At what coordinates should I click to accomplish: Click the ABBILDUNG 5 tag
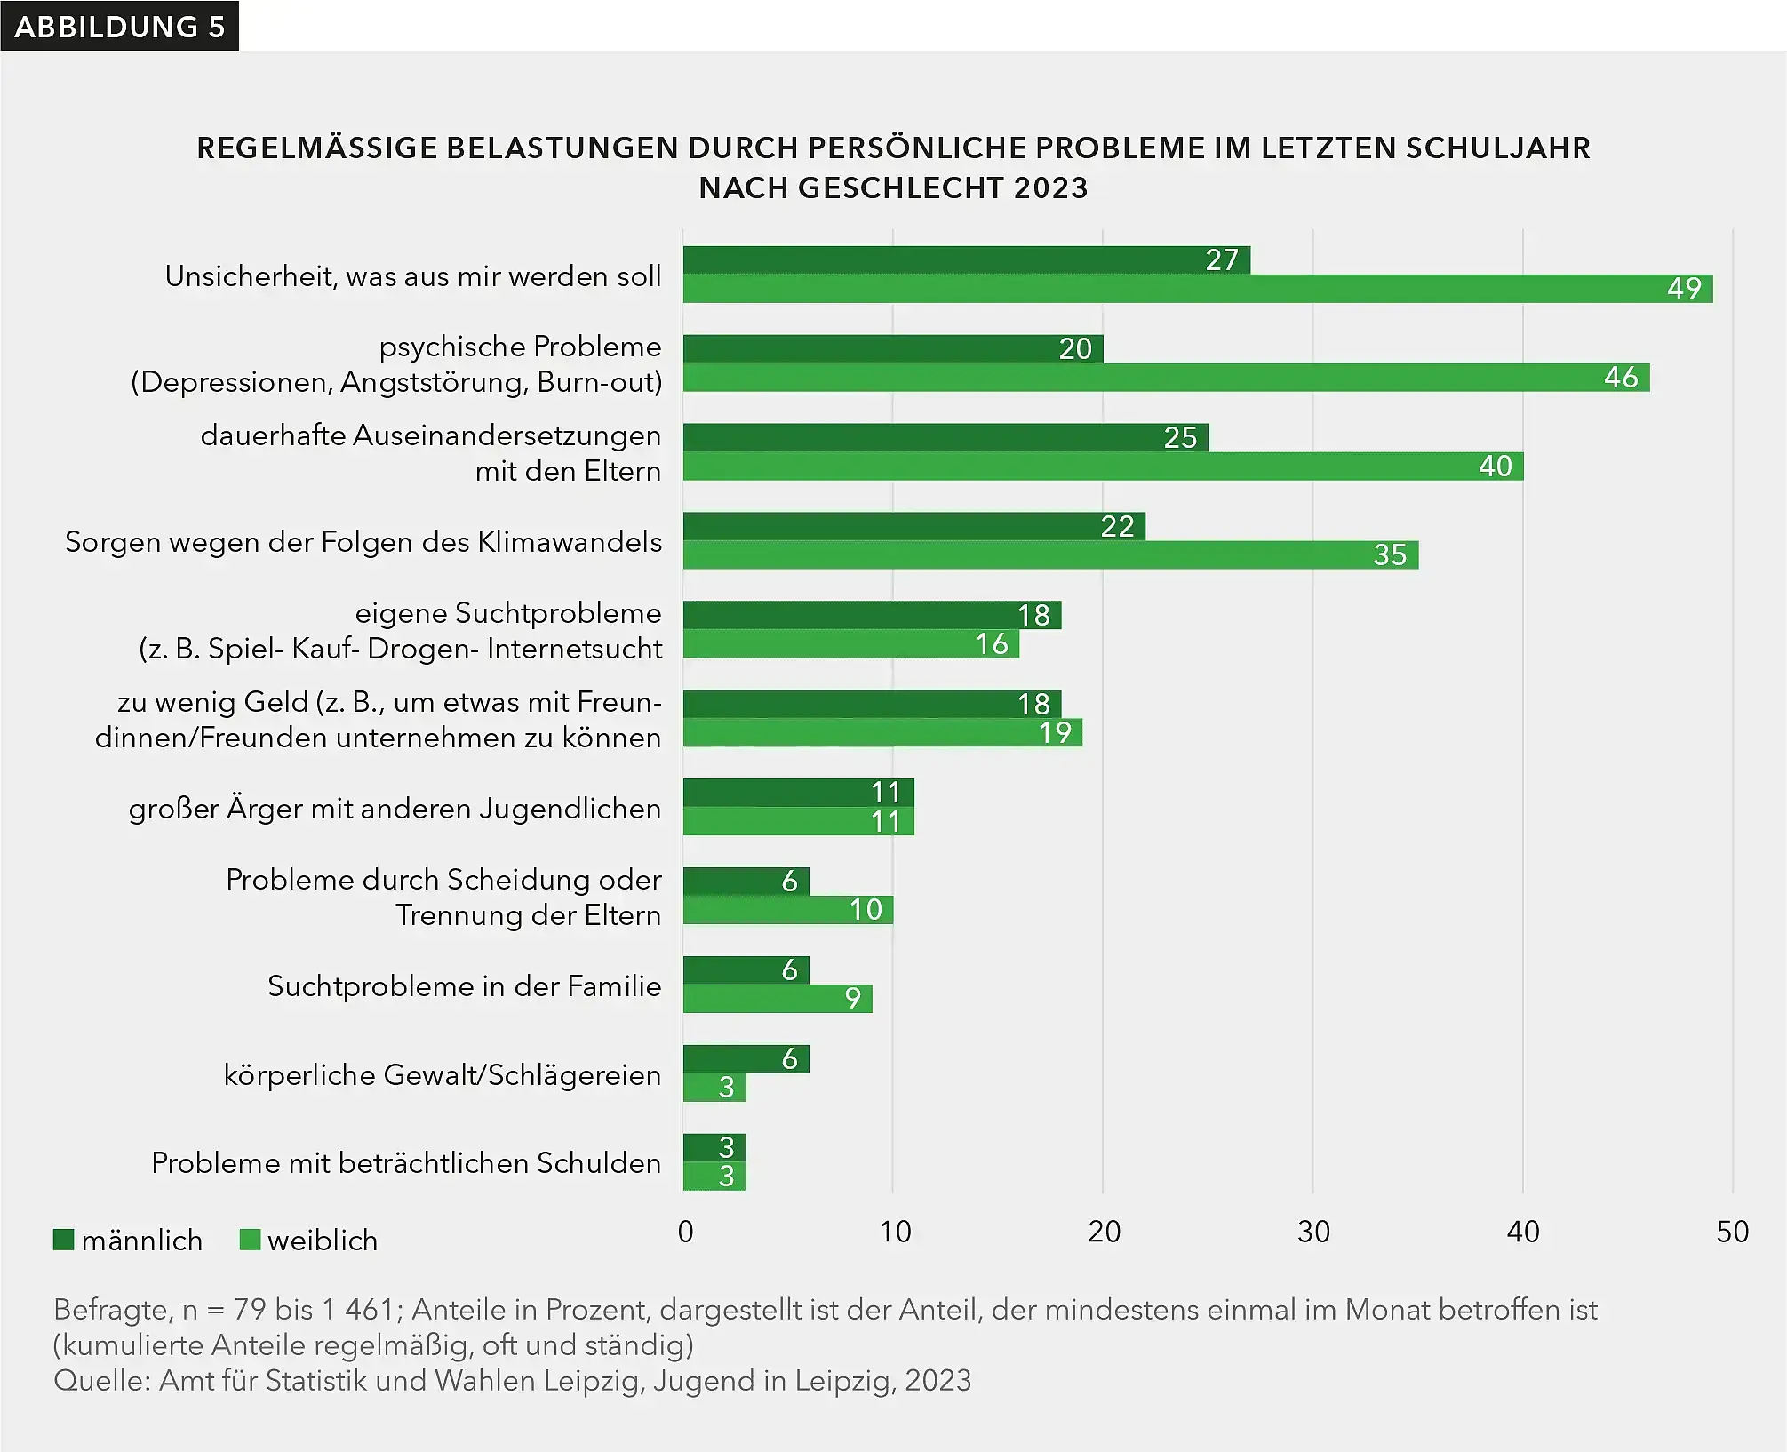[x=119, y=26]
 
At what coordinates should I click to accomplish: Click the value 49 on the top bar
[x=1683, y=289]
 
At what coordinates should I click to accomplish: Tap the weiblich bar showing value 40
[x=1102, y=467]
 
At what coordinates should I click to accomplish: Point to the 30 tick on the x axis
[x=1313, y=1232]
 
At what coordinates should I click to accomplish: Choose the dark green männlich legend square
[x=63, y=1240]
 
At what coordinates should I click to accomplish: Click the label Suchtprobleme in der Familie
[x=464, y=986]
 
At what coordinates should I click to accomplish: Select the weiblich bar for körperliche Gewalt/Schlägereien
[x=714, y=1088]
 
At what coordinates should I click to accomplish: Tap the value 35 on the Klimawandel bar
[x=1390, y=555]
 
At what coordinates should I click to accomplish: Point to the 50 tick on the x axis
[x=1732, y=1232]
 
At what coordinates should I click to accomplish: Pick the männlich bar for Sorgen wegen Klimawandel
[x=913, y=526]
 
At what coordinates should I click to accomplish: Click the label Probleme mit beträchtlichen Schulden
[x=406, y=1163]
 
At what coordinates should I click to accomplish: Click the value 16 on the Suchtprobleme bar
[x=992, y=644]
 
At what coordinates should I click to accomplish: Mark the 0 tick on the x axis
[x=685, y=1232]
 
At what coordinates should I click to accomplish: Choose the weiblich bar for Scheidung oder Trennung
[x=786, y=910]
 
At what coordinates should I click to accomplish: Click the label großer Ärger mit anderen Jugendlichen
[x=395, y=809]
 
